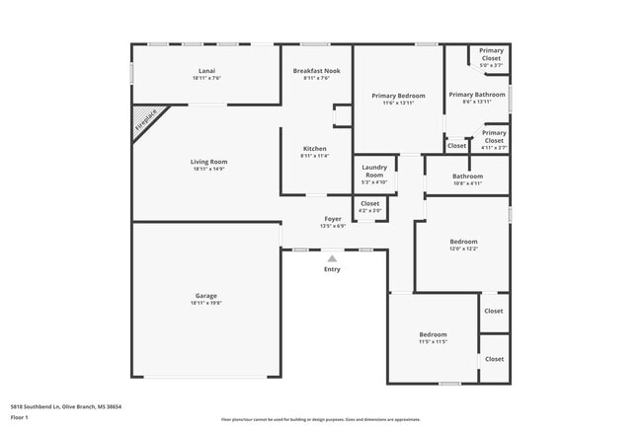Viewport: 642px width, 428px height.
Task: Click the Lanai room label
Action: (x=206, y=71)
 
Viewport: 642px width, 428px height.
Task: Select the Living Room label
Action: (x=208, y=161)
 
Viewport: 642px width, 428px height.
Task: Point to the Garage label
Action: (x=205, y=296)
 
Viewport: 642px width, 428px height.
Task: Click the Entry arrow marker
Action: (x=332, y=258)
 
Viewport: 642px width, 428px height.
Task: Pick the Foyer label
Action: (x=333, y=219)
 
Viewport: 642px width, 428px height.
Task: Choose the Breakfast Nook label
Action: (x=316, y=71)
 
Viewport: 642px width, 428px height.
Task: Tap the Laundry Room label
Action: (x=374, y=171)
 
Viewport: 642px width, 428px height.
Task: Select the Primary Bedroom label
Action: (x=398, y=96)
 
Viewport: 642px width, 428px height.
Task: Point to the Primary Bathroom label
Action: (x=477, y=95)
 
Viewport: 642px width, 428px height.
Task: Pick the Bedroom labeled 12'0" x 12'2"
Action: (x=463, y=242)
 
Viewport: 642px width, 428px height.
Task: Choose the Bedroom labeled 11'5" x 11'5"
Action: (x=433, y=334)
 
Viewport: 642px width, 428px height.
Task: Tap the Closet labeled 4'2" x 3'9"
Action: (x=369, y=204)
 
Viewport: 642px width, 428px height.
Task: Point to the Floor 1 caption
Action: (x=21, y=418)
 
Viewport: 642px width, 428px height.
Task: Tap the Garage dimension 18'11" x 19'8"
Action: (x=205, y=303)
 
